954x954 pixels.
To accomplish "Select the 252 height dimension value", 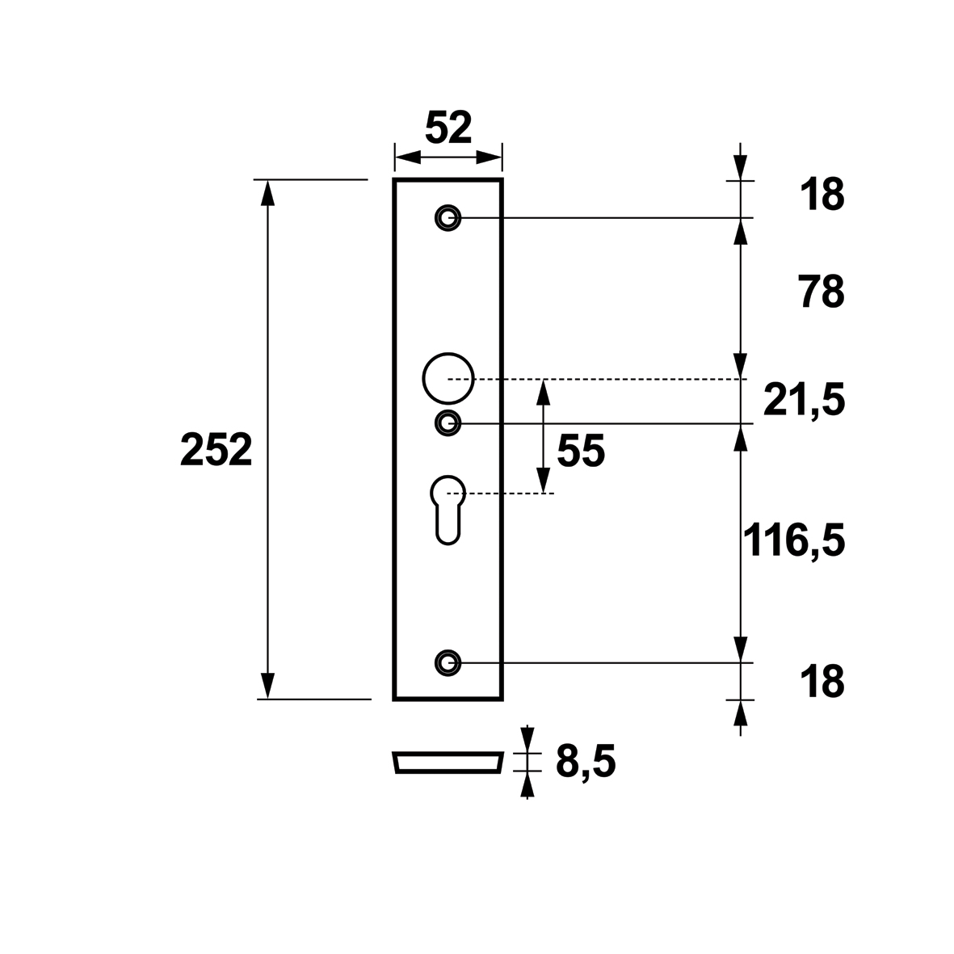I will pos(216,450).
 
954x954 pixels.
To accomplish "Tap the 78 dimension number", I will pos(821,292).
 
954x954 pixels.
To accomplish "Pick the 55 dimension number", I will pos(580,452).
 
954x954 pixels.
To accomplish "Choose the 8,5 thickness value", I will pos(586,762).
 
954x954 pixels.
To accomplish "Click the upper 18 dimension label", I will pos(822,195).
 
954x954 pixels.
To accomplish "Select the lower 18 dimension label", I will pos(822,682).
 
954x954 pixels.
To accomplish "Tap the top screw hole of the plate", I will pos(448,217).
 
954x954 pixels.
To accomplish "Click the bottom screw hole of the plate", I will pos(448,662).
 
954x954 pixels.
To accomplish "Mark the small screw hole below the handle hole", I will pos(448,422).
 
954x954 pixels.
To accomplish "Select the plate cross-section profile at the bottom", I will pos(448,763).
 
